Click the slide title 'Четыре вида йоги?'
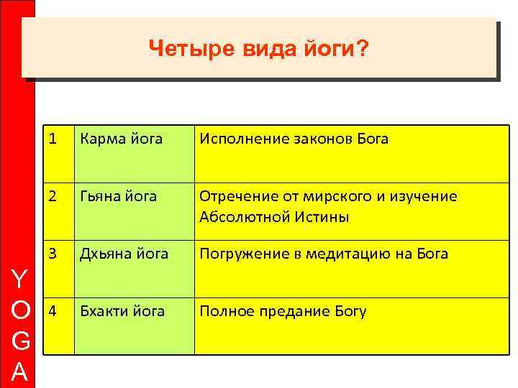(258, 49)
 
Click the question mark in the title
(363, 49)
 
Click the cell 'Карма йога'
(121, 139)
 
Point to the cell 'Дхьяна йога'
(124, 254)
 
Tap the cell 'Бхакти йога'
(122, 311)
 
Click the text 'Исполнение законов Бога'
(294, 139)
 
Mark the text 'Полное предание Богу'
(283, 311)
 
